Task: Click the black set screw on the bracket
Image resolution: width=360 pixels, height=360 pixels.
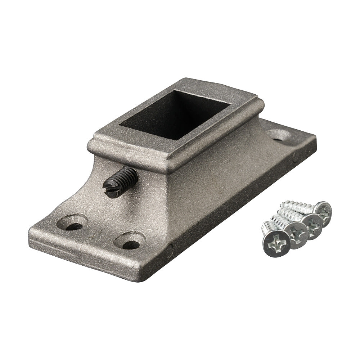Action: click(x=121, y=182)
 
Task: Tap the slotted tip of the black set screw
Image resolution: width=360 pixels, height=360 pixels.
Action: click(x=111, y=188)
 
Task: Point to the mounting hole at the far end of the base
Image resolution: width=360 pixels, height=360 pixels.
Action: click(x=279, y=135)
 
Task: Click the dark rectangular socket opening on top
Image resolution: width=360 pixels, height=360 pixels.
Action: click(x=175, y=115)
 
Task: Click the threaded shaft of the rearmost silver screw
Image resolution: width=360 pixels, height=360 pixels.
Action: click(x=297, y=207)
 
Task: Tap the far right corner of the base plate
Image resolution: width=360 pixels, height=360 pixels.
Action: click(x=315, y=139)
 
